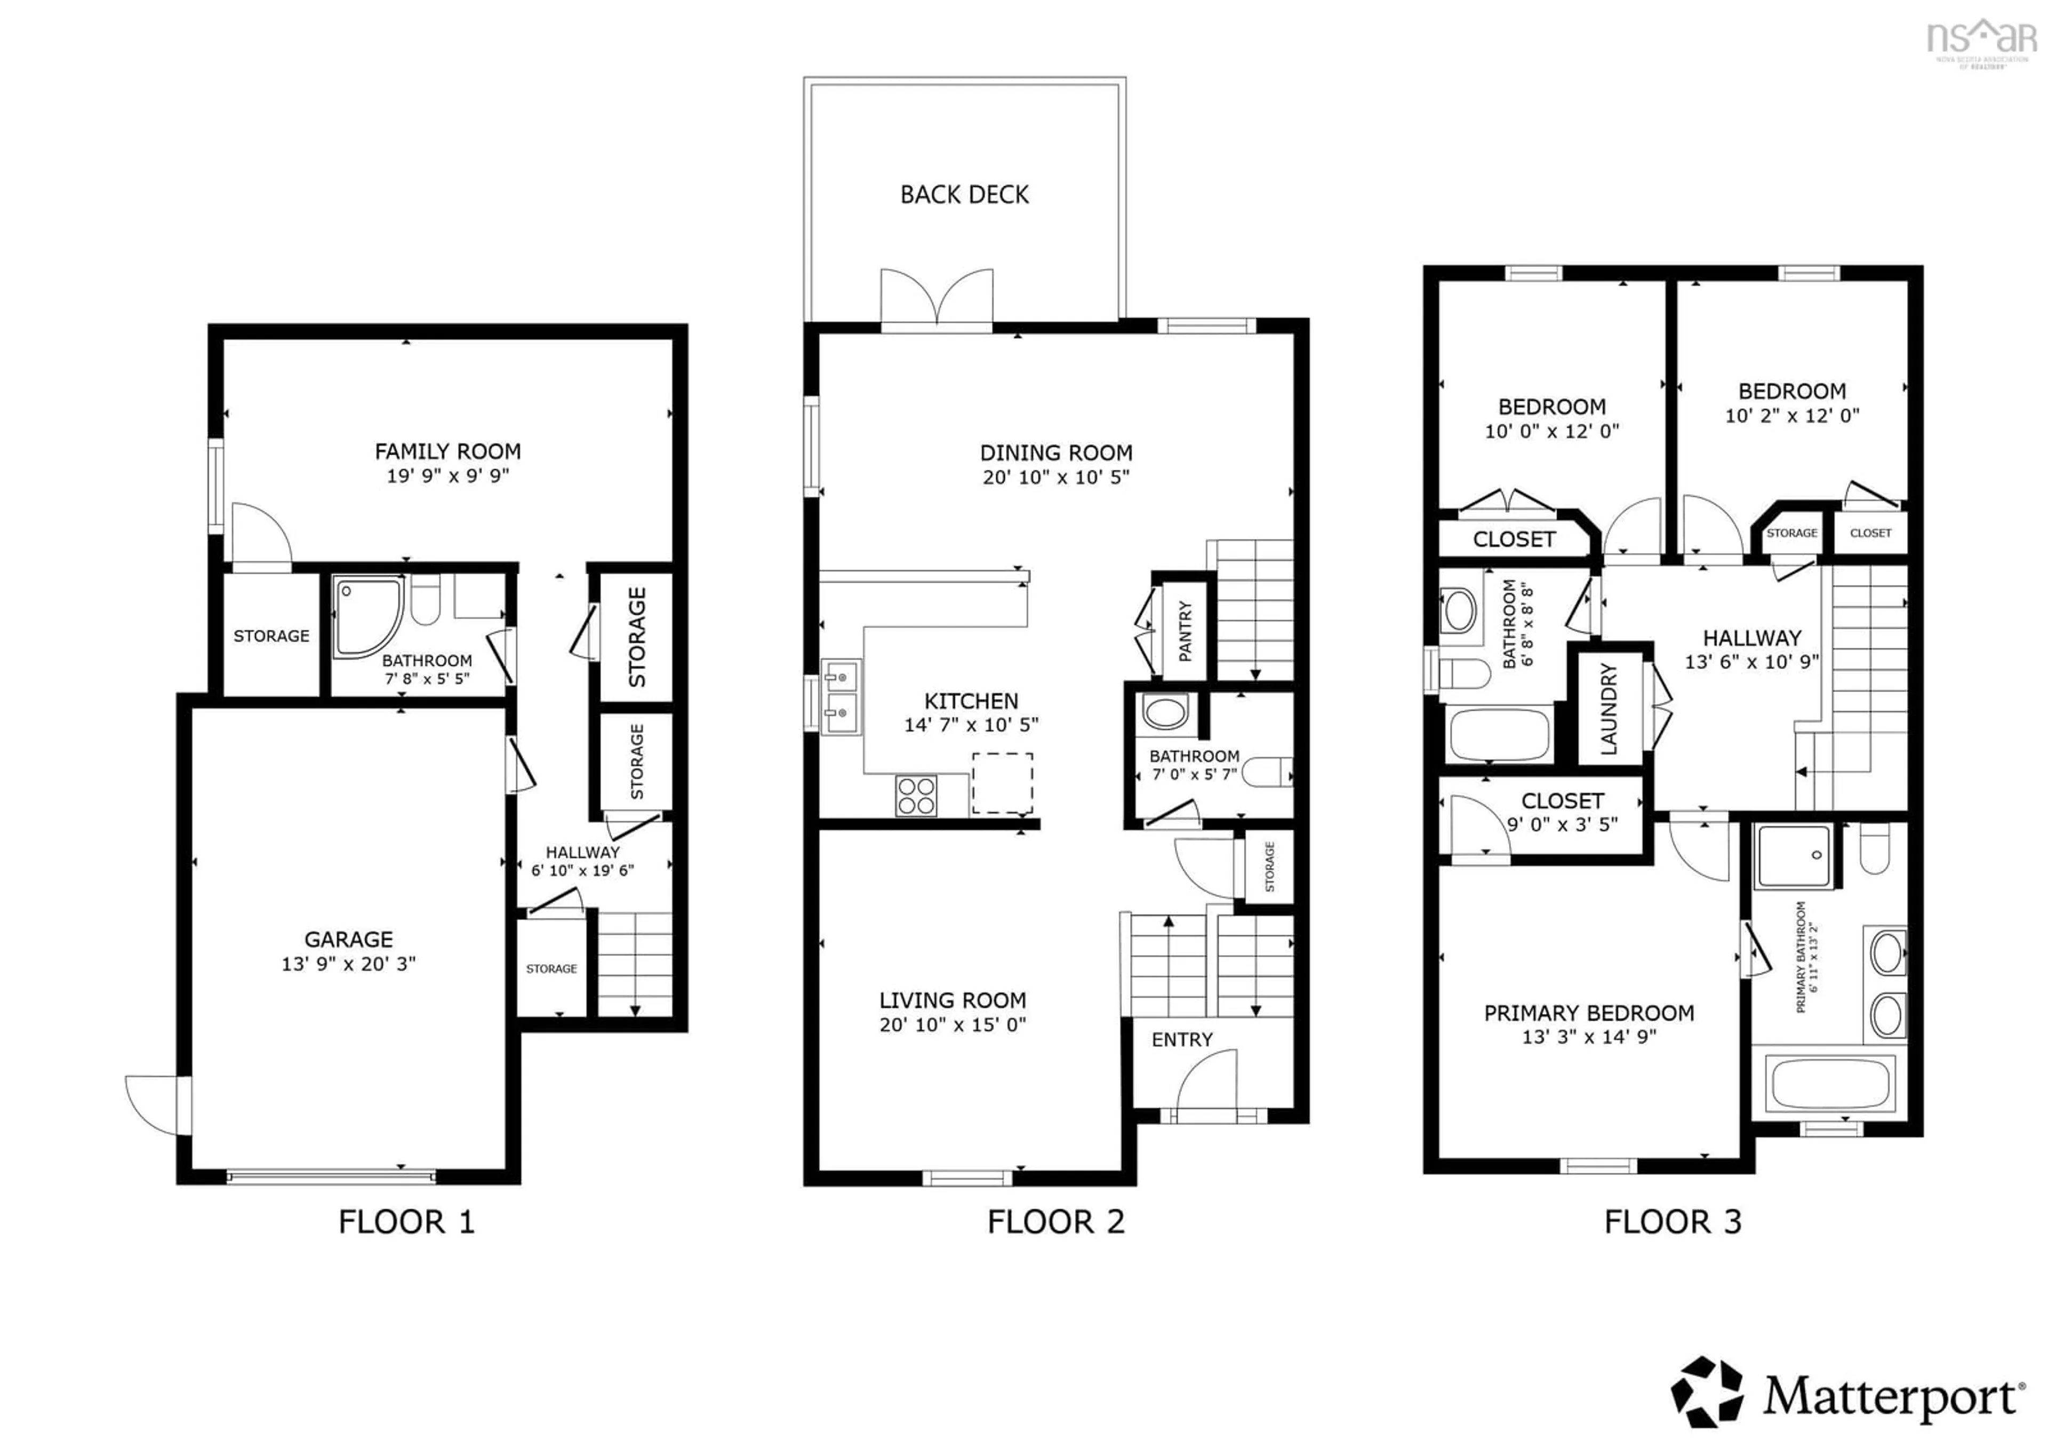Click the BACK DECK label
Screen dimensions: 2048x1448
tap(964, 195)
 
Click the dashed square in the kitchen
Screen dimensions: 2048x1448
tap(1003, 783)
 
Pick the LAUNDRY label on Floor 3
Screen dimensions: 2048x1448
tap(1609, 709)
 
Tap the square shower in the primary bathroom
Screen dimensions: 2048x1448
tap(1793, 856)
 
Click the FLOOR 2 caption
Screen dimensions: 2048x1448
tap(1055, 1221)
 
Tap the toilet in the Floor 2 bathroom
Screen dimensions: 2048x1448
tap(1267, 771)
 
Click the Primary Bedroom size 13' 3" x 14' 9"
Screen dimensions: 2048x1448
tap(1589, 1037)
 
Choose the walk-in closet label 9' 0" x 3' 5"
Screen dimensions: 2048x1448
tap(1562, 824)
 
